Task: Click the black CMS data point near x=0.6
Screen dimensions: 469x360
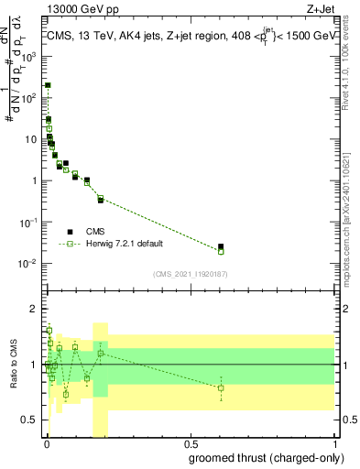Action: [x=221, y=246]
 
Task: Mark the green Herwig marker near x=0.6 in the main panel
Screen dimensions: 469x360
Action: [x=221, y=251]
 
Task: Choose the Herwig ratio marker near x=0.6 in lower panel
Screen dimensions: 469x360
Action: [x=221, y=388]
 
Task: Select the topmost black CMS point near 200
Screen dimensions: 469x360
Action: [x=48, y=85]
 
